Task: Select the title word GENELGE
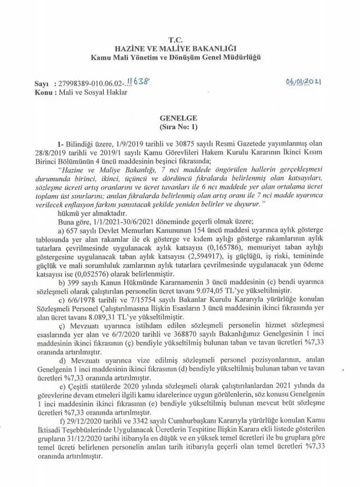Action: (180, 119)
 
